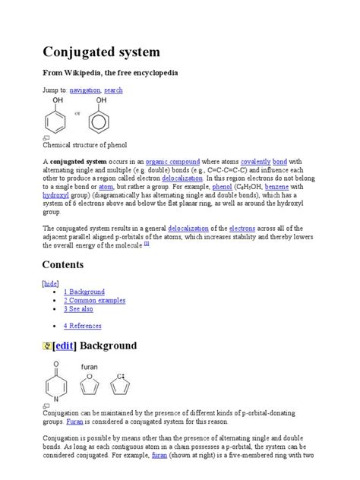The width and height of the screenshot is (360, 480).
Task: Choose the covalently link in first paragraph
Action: pyautogui.click(x=255, y=162)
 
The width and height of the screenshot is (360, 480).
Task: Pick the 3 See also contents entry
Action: pyautogui.click(x=78, y=309)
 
